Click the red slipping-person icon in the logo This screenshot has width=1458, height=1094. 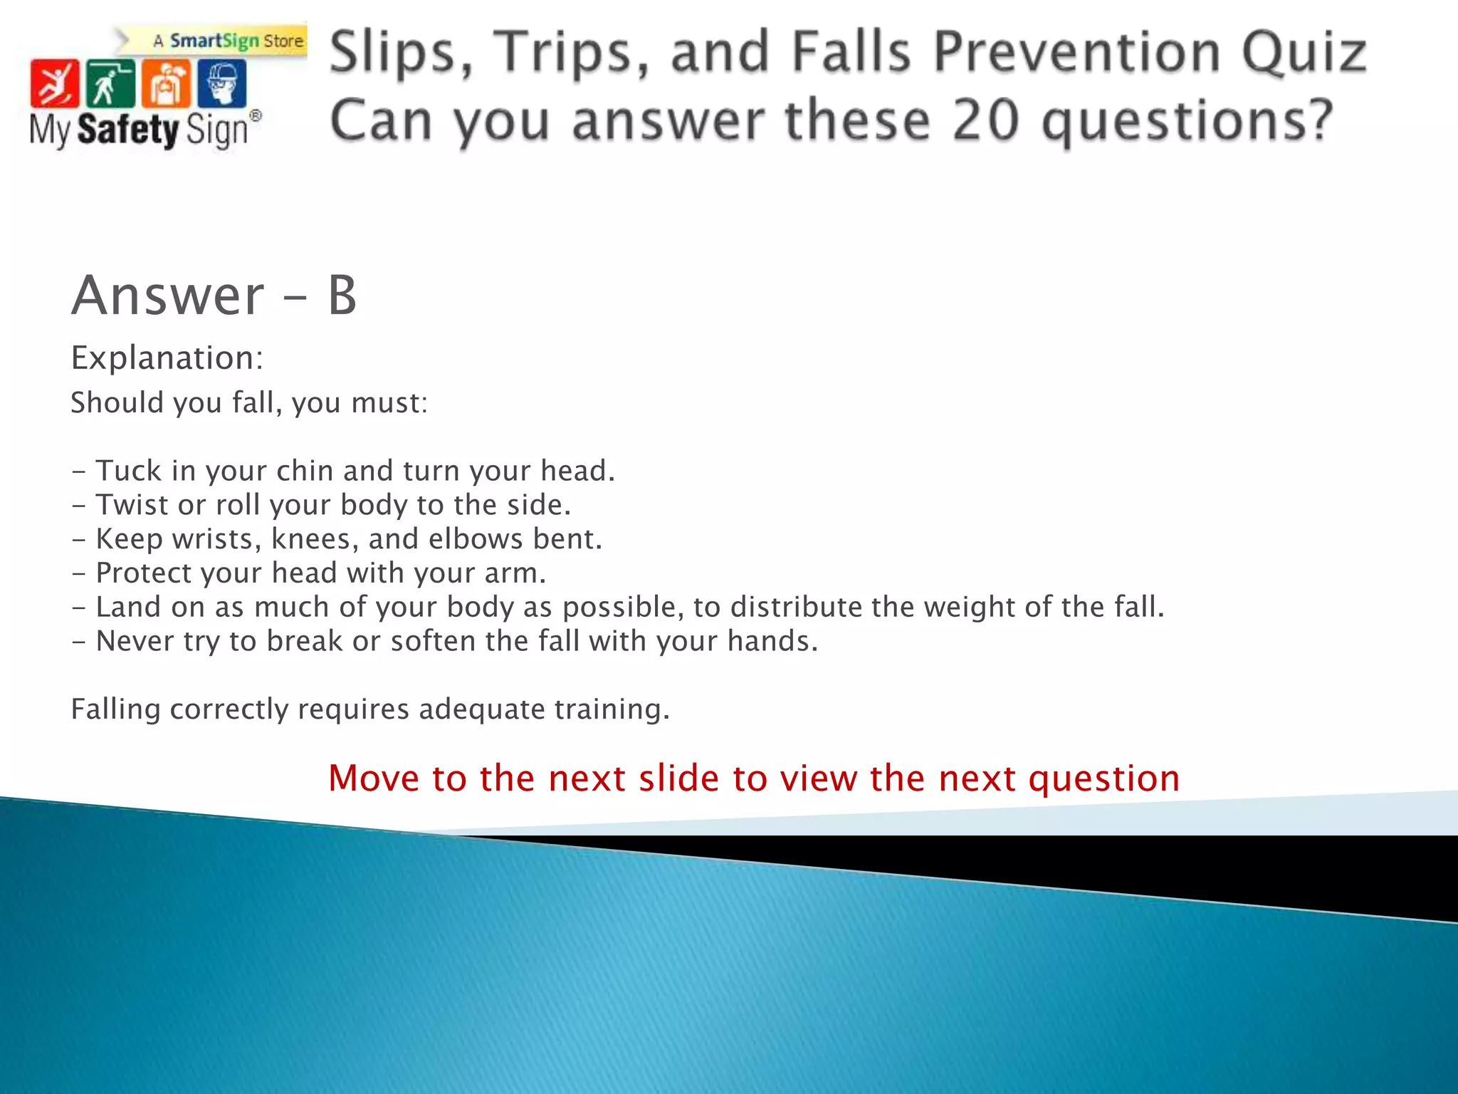tap(54, 84)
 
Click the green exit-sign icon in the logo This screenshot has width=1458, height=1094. tap(110, 84)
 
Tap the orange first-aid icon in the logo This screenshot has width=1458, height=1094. tap(165, 84)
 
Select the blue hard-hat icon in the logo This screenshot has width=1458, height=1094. tap(221, 84)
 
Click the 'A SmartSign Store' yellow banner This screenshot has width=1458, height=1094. tap(228, 41)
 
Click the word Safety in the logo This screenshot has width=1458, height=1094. tap(127, 130)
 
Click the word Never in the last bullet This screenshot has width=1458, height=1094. tap(135, 642)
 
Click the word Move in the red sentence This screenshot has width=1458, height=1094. tap(373, 778)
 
